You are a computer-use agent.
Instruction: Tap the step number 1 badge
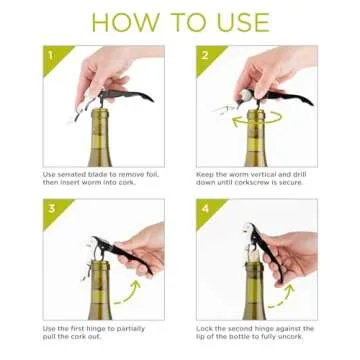click(x=51, y=54)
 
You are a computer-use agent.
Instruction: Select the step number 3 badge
click(x=51, y=208)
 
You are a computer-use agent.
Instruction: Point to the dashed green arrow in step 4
click(x=280, y=290)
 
